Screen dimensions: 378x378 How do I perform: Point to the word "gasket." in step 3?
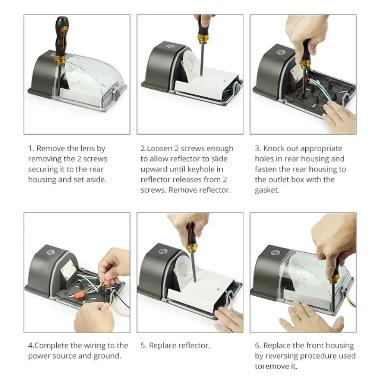267,190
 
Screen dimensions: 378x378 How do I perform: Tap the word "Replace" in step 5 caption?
164,346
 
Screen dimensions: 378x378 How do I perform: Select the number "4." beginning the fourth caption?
31,346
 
